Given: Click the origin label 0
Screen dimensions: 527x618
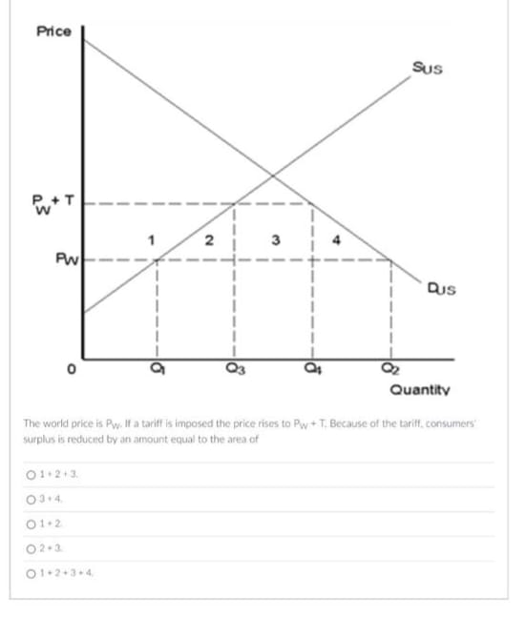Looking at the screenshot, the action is click(70, 374).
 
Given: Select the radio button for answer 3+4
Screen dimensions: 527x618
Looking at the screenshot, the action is click(32, 498).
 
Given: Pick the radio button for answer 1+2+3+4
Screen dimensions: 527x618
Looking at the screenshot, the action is click(32, 572).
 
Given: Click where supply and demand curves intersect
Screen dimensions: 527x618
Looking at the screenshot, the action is click(273, 175).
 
